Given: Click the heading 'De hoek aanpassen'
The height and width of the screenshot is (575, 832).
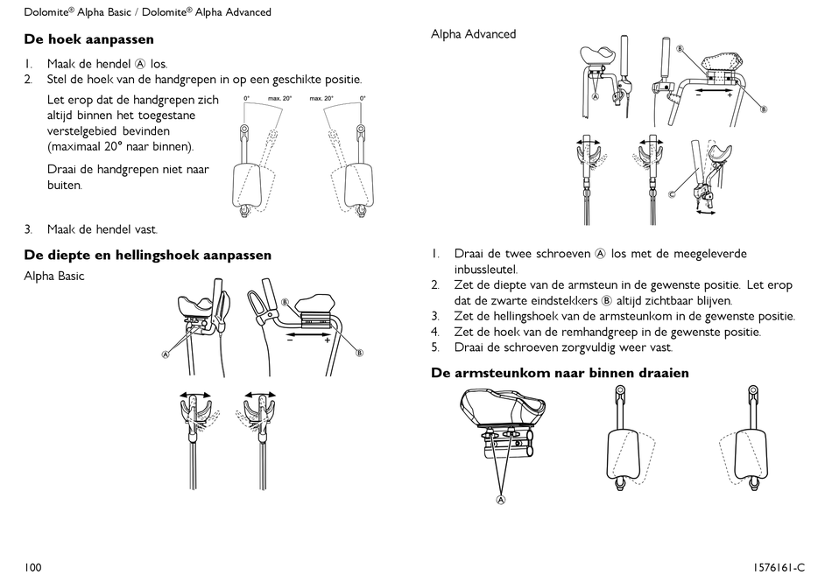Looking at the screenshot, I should [88, 39].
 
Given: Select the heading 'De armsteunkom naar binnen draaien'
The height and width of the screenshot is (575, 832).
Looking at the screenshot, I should [560, 374].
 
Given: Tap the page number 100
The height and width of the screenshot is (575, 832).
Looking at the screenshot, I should [33, 567].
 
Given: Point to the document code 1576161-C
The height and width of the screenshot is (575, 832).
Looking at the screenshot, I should [777, 567].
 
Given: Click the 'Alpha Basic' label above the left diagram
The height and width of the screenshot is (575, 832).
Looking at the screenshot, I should [54, 277].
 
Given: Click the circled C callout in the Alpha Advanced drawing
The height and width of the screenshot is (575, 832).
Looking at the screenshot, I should [672, 193].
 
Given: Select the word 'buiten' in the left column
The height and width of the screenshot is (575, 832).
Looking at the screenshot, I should [64, 186].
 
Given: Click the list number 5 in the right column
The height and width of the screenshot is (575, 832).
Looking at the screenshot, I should [434, 347].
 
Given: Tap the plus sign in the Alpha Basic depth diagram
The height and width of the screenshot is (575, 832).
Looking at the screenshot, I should [328, 340].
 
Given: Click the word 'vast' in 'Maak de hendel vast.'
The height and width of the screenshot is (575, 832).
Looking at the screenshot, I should [145, 230].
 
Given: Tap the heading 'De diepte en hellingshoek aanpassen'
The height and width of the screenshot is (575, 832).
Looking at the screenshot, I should [147, 256].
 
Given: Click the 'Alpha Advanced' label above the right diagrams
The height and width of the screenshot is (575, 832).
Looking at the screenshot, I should [473, 34].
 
